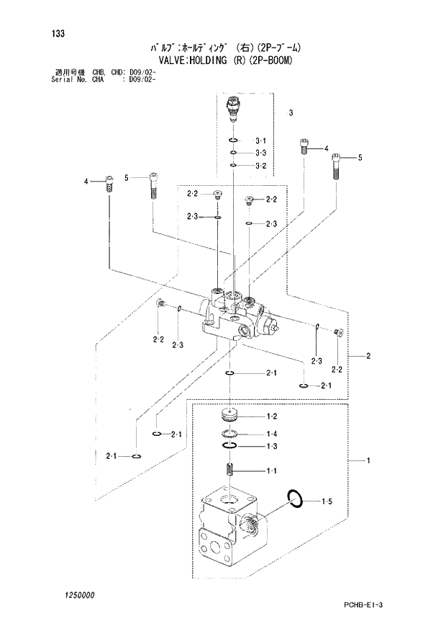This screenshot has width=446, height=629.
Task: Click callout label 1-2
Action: pyautogui.click(x=272, y=417)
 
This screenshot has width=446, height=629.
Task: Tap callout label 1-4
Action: pyautogui.click(x=272, y=434)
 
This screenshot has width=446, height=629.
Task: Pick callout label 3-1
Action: pyautogui.click(x=260, y=140)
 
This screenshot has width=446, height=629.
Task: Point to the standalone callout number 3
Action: pyautogui.click(x=291, y=113)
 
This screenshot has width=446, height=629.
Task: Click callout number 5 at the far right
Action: pyautogui.click(x=360, y=158)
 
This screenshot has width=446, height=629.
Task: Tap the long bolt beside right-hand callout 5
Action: pyautogui.click(x=336, y=167)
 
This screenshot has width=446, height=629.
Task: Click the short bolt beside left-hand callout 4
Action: pyautogui.click(x=109, y=184)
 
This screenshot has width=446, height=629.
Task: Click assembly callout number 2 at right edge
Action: pyautogui.click(x=368, y=356)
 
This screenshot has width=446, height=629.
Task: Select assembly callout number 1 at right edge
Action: pyautogui.click(x=368, y=460)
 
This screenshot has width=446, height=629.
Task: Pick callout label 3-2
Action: pyautogui.click(x=260, y=166)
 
